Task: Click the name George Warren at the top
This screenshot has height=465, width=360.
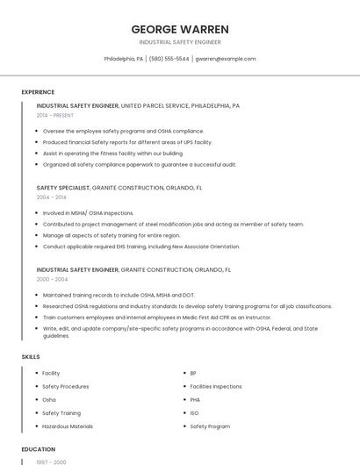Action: [180, 28]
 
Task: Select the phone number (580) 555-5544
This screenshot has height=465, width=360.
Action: [169, 59]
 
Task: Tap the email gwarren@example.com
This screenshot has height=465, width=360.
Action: [226, 59]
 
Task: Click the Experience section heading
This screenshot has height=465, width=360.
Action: [38, 92]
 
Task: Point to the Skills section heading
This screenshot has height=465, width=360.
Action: [31, 357]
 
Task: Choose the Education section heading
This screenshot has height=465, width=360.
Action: [38, 449]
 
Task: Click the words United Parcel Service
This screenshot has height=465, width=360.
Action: [155, 105]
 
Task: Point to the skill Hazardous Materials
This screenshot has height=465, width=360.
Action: [68, 426]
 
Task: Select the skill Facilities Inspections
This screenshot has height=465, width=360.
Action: [216, 386]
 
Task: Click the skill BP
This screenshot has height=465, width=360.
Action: [193, 373]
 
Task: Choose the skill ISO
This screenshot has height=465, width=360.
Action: [194, 413]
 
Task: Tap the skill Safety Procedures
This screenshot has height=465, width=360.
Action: [66, 386]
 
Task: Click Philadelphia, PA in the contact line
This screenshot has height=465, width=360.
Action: [124, 59]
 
